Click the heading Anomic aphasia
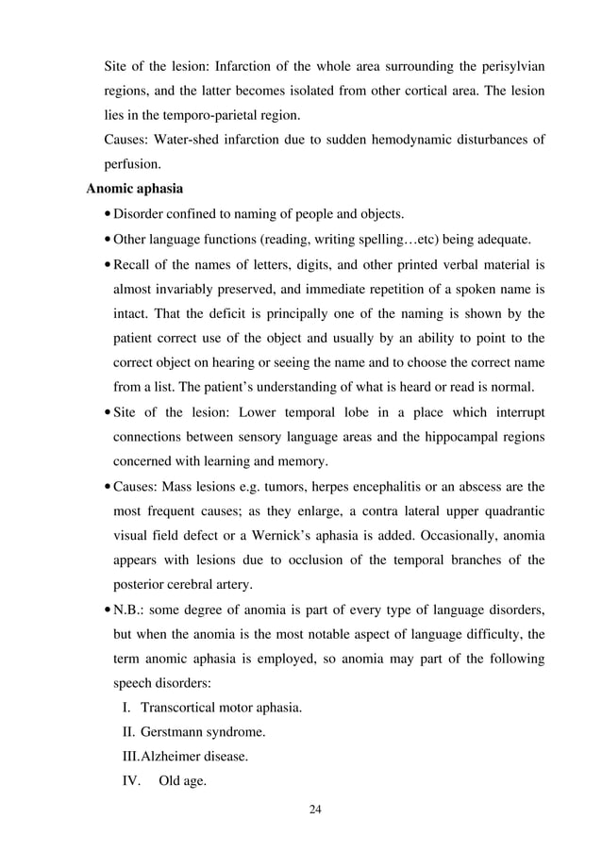135,189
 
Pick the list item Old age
183,780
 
